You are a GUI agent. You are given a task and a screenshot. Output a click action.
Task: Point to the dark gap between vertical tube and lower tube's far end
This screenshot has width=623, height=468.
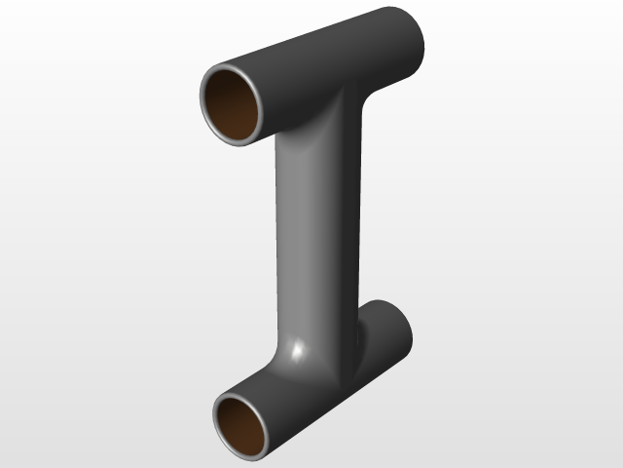(x=357, y=336)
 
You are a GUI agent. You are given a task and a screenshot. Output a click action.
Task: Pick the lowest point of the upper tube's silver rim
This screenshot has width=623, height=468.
(x=239, y=143)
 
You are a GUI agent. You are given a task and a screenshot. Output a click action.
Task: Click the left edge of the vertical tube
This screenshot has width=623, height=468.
(x=278, y=234)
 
